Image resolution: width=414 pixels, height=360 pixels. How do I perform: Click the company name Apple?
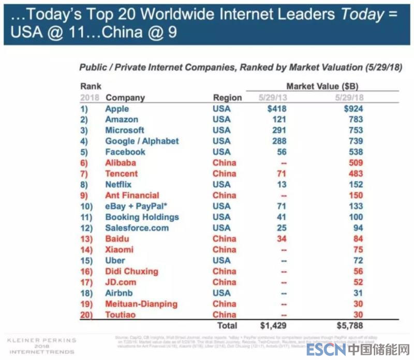[117, 109]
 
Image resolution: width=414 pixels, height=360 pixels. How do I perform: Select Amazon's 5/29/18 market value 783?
[356, 119]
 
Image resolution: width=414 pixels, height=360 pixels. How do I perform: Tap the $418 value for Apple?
[277, 109]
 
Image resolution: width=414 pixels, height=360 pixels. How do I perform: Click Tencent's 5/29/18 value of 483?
[356, 174]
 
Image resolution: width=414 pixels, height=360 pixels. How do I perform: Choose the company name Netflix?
[118, 185]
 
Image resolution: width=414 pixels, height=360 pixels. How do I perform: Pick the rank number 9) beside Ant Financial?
[85, 196]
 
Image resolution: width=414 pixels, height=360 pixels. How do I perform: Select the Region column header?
[227, 97]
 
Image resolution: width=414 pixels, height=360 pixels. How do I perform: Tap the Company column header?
[125, 97]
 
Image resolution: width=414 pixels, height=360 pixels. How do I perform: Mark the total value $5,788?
[350, 325]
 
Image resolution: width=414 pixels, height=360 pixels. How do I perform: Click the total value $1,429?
[273, 325]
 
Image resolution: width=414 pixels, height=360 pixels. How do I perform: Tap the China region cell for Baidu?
[224, 239]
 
